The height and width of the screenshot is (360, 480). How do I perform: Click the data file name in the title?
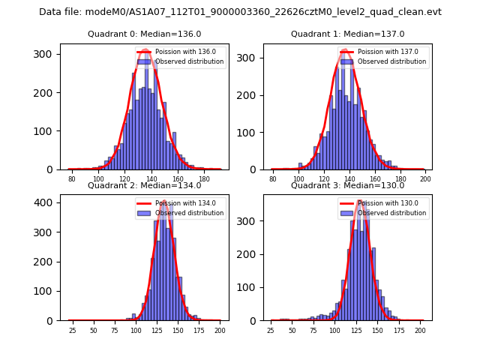(x=240, y=12)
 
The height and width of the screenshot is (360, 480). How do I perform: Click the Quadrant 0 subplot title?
(x=145, y=34)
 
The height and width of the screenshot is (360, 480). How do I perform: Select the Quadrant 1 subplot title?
(x=347, y=34)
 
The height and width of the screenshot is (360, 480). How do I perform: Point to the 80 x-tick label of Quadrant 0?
(x=72, y=179)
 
